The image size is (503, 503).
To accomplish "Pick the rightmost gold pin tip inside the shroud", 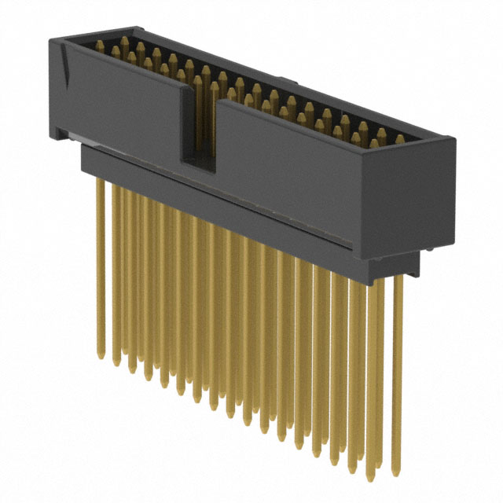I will [x=399, y=138].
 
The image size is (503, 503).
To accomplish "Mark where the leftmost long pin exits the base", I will [x=100, y=179].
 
